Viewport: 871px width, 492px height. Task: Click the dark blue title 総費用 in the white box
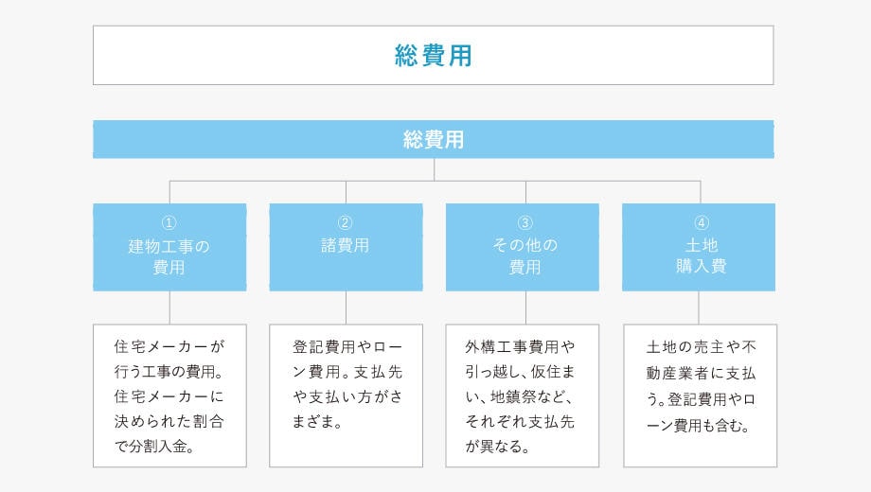tap(434, 56)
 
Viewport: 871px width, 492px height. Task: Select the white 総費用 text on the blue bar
tap(434, 139)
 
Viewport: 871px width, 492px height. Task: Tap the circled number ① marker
tap(169, 222)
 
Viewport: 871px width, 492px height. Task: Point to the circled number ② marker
tap(345, 222)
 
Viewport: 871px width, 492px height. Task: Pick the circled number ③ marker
tap(524, 222)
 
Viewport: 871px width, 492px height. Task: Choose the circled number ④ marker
tap(702, 222)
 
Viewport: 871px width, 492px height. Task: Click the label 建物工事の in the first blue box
tap(169, 246)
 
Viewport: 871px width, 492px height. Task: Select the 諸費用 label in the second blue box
tap(345, 245)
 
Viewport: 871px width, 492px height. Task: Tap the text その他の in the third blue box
tap(524, 245)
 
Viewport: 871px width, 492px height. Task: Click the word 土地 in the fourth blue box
tap(702, 245)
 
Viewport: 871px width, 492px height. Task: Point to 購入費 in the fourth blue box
tap(701, 266)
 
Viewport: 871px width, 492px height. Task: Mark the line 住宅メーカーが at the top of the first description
tap(169, 346)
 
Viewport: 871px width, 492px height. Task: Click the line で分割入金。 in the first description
tap(154, 447)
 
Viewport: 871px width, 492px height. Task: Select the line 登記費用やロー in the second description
tap(347, 347)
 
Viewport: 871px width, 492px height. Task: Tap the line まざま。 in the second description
tap(317, 422)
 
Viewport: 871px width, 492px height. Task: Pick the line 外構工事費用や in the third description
tap(520, 347)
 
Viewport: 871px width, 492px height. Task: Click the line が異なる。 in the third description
tap(498, 447)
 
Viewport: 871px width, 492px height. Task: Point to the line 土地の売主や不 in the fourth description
tap(701, 347)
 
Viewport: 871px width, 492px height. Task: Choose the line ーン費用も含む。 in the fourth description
tap(699, 426)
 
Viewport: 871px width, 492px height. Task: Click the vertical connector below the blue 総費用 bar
tap(434, 169)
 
